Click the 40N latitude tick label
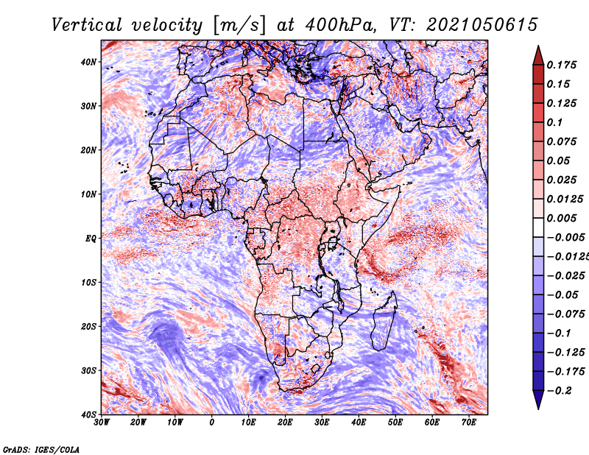[x=88, y=62]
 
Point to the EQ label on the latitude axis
[x=91, y=239]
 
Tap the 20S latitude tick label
[x=88, y=326]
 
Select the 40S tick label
[x=88, y=415]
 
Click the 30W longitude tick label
[x=102, y=423]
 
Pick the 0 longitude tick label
[x=212, y=423]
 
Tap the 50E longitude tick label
[x=395, y=423]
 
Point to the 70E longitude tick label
[x=468, y=423]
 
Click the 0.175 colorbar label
[x=561, y=65]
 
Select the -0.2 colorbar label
[x=560, y=391]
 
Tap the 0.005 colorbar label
[x=561, y=218]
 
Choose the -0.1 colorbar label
[x=559, y=334]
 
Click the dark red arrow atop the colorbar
[x=538, y=57]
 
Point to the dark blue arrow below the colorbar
[x=538, y=399]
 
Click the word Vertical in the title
[x=86, y=25]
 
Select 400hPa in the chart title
[x=340, y=25]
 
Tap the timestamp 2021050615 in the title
[x=482, y=25]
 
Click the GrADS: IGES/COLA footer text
[x=41, y=450]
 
